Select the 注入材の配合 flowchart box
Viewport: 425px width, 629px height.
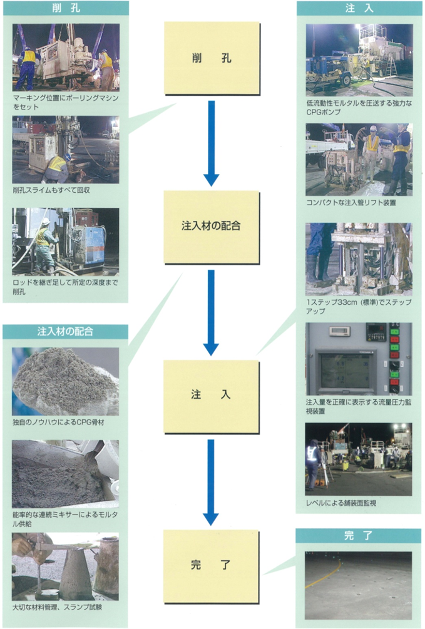point(212,226)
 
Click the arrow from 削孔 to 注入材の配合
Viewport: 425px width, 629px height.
point(212,143)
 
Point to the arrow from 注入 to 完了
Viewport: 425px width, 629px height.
point(212,482)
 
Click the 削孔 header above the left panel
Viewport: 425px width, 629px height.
point(65,9)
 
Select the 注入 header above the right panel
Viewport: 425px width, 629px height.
point(359,9)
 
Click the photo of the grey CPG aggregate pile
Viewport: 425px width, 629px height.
point(65,381)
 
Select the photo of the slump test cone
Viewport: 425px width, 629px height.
point(65,566)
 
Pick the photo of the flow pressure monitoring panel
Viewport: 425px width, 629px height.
point(359,359)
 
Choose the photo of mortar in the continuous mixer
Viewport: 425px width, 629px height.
point(65,474)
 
